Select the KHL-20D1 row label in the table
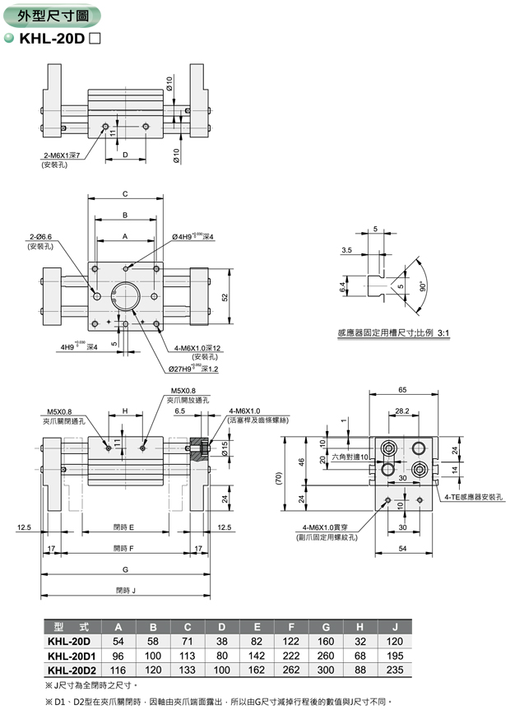[x=72, y=657]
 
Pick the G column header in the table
[x=327, y=626]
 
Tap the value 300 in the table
[x=327, y=671]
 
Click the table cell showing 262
[x=294, y=671]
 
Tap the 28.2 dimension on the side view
[x=401, y=410]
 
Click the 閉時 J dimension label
[x=125, y=589]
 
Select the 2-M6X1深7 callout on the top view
[x=63, y=155]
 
